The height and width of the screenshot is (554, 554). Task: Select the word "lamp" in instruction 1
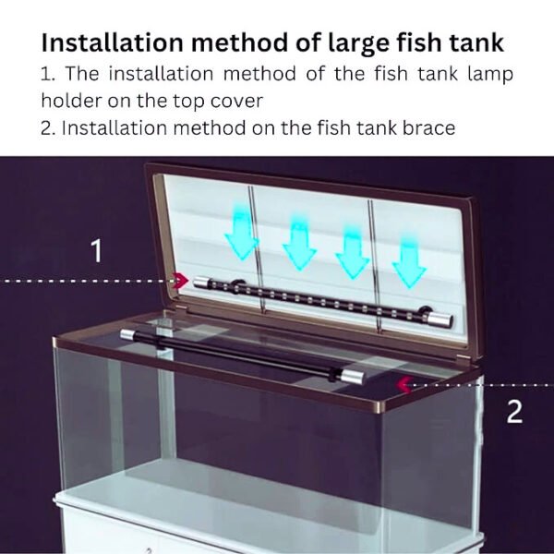pyautogui.click(x=490, y=74)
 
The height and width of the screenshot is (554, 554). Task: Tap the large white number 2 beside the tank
pyautogui.click(x=514, y=412)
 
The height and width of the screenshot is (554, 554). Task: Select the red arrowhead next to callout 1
pyautogui.click(x=183, y=280)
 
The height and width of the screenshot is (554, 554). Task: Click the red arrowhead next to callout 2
pyautogui.click(x=403, y=382)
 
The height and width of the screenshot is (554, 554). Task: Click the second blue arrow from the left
pyautogui.click(x=299, y=242)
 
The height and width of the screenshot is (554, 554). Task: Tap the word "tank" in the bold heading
pyautogui.click(x=467, y=42)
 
